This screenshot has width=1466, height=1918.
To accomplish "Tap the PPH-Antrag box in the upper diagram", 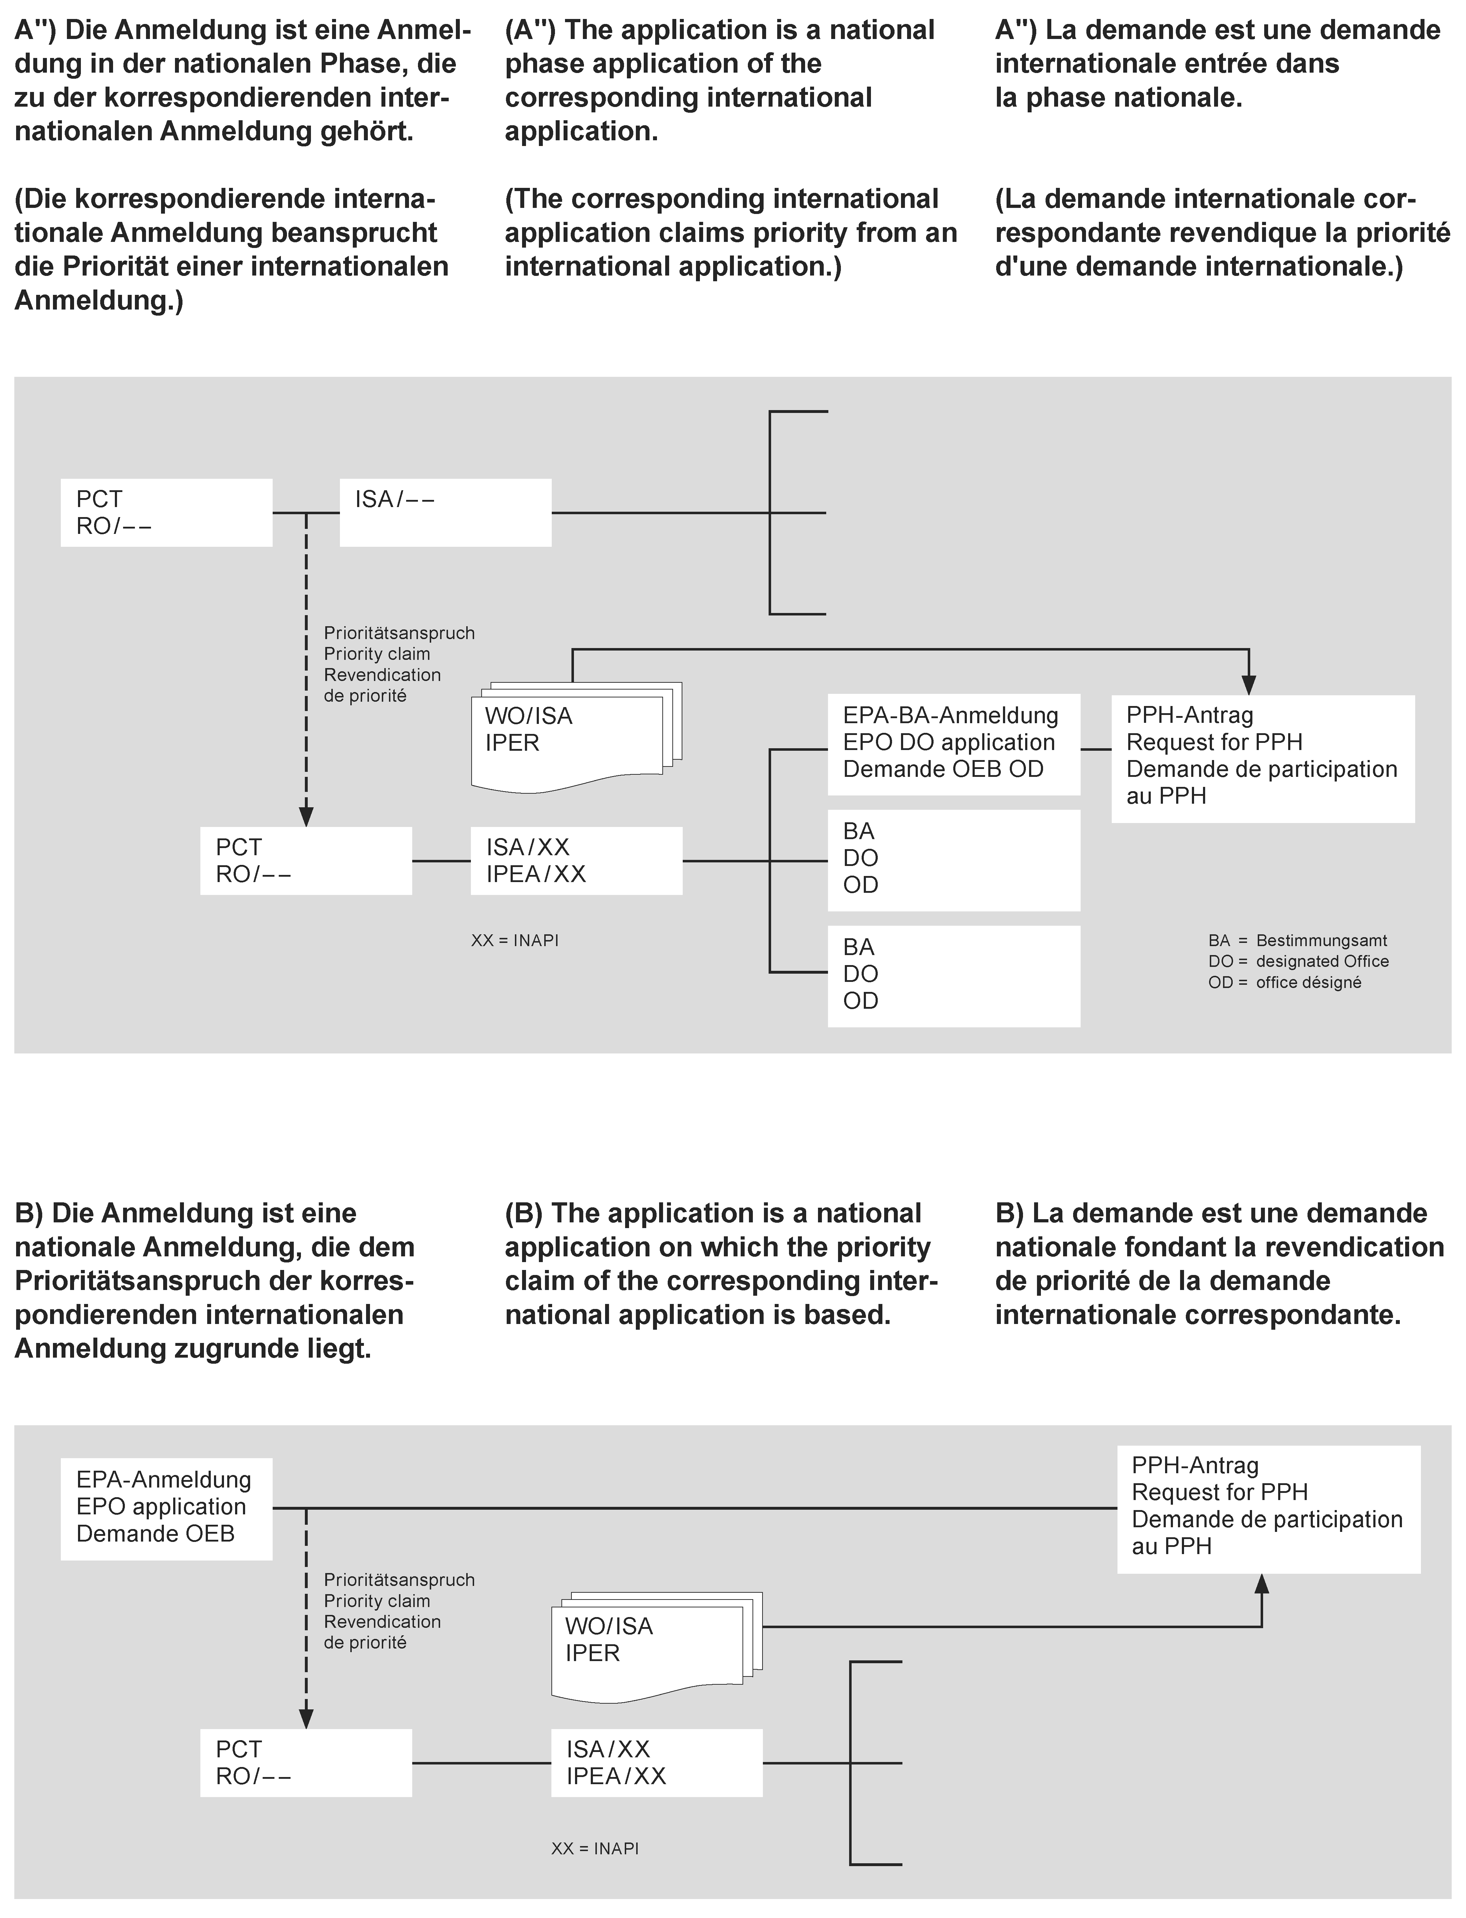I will (x=1262, y=758).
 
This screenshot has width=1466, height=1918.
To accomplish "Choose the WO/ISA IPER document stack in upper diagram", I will (x=571, y=737).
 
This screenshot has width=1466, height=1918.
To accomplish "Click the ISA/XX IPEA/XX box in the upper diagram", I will (x=576, y=861).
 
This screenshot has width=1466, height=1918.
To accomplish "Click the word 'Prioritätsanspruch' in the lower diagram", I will (x=399, y=1579).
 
